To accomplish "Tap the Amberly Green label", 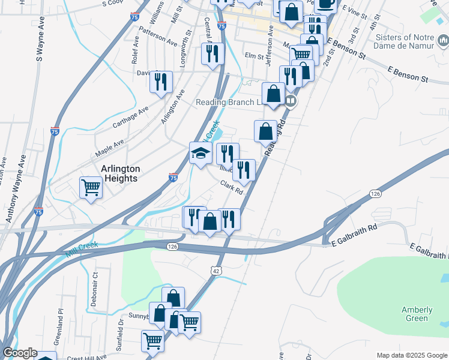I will pos(417,314).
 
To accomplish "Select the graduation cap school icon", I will pos(200,154).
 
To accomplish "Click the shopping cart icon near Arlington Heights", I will pos(91,187).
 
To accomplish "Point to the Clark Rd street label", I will pos(231,188).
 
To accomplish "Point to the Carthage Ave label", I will pos(130,118).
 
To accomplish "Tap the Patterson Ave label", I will pos(158,36).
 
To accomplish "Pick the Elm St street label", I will pos(255,56).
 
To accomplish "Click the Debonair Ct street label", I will pos(95,289).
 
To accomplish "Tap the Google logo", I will pos(20,353).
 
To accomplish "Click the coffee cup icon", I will pos(326,4).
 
